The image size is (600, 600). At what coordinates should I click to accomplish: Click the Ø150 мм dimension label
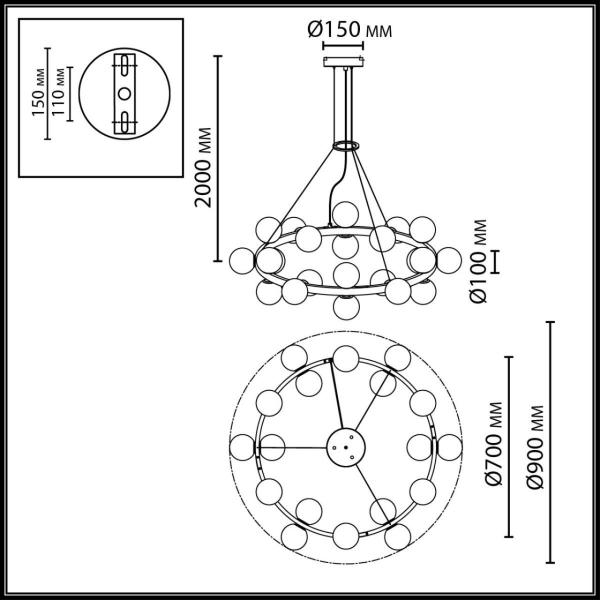click(x=348, y=30)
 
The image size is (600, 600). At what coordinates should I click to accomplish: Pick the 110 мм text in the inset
click(x=60, y=93)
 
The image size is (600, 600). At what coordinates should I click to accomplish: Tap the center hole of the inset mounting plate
click(x=124, y=93)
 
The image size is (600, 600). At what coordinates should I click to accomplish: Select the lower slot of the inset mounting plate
click(x=124, y=120)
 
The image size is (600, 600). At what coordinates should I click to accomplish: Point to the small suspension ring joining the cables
click(x=346, y=147)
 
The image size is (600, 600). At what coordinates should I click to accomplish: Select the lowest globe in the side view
click(x=346, y=306)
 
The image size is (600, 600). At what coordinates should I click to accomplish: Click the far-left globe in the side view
click(x=241, y=259)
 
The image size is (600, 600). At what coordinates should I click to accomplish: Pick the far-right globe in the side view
click(x=446, y=259)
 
